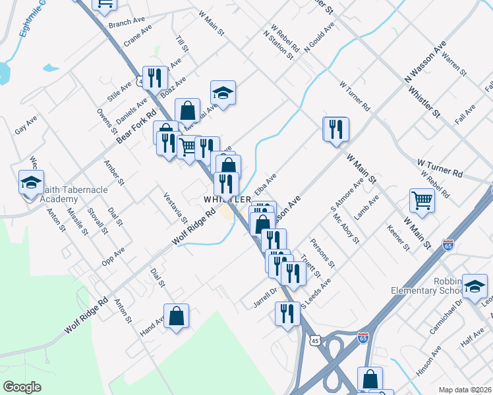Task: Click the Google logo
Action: tap(22, 387)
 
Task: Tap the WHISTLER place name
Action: tap(227, 199)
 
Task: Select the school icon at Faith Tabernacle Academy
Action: tap(30, 184)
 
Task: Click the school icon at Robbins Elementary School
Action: tap(475, 285)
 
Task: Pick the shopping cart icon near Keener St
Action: tap(422, 199)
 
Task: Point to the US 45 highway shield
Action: tap(316, 340)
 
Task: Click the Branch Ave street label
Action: tap(126, 22)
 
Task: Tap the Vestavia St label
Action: tap(176, 209)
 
